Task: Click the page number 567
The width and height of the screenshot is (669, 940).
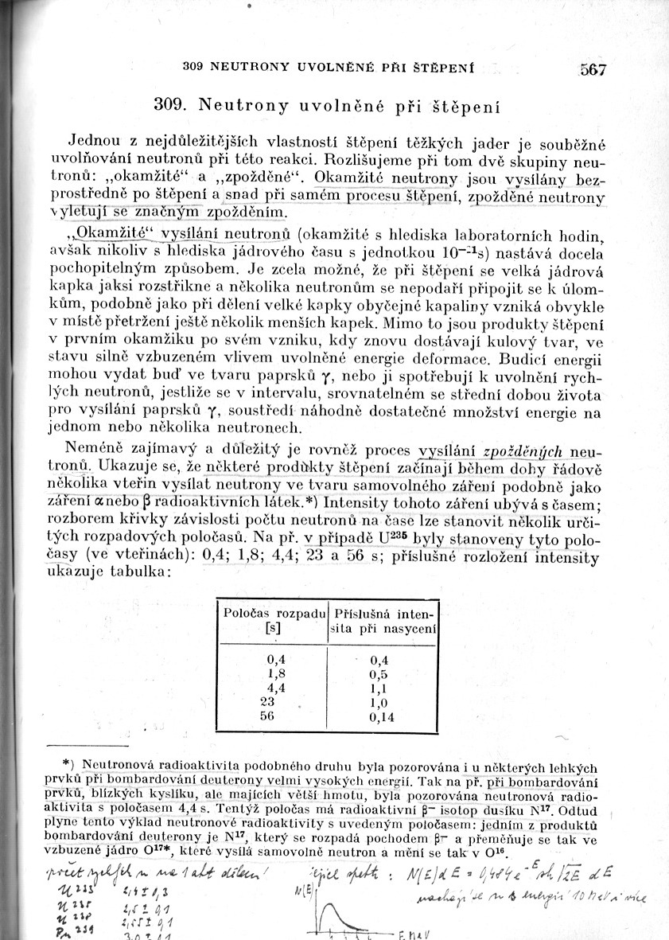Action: coord(593,70)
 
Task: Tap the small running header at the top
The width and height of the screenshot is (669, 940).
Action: coord(328,69)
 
